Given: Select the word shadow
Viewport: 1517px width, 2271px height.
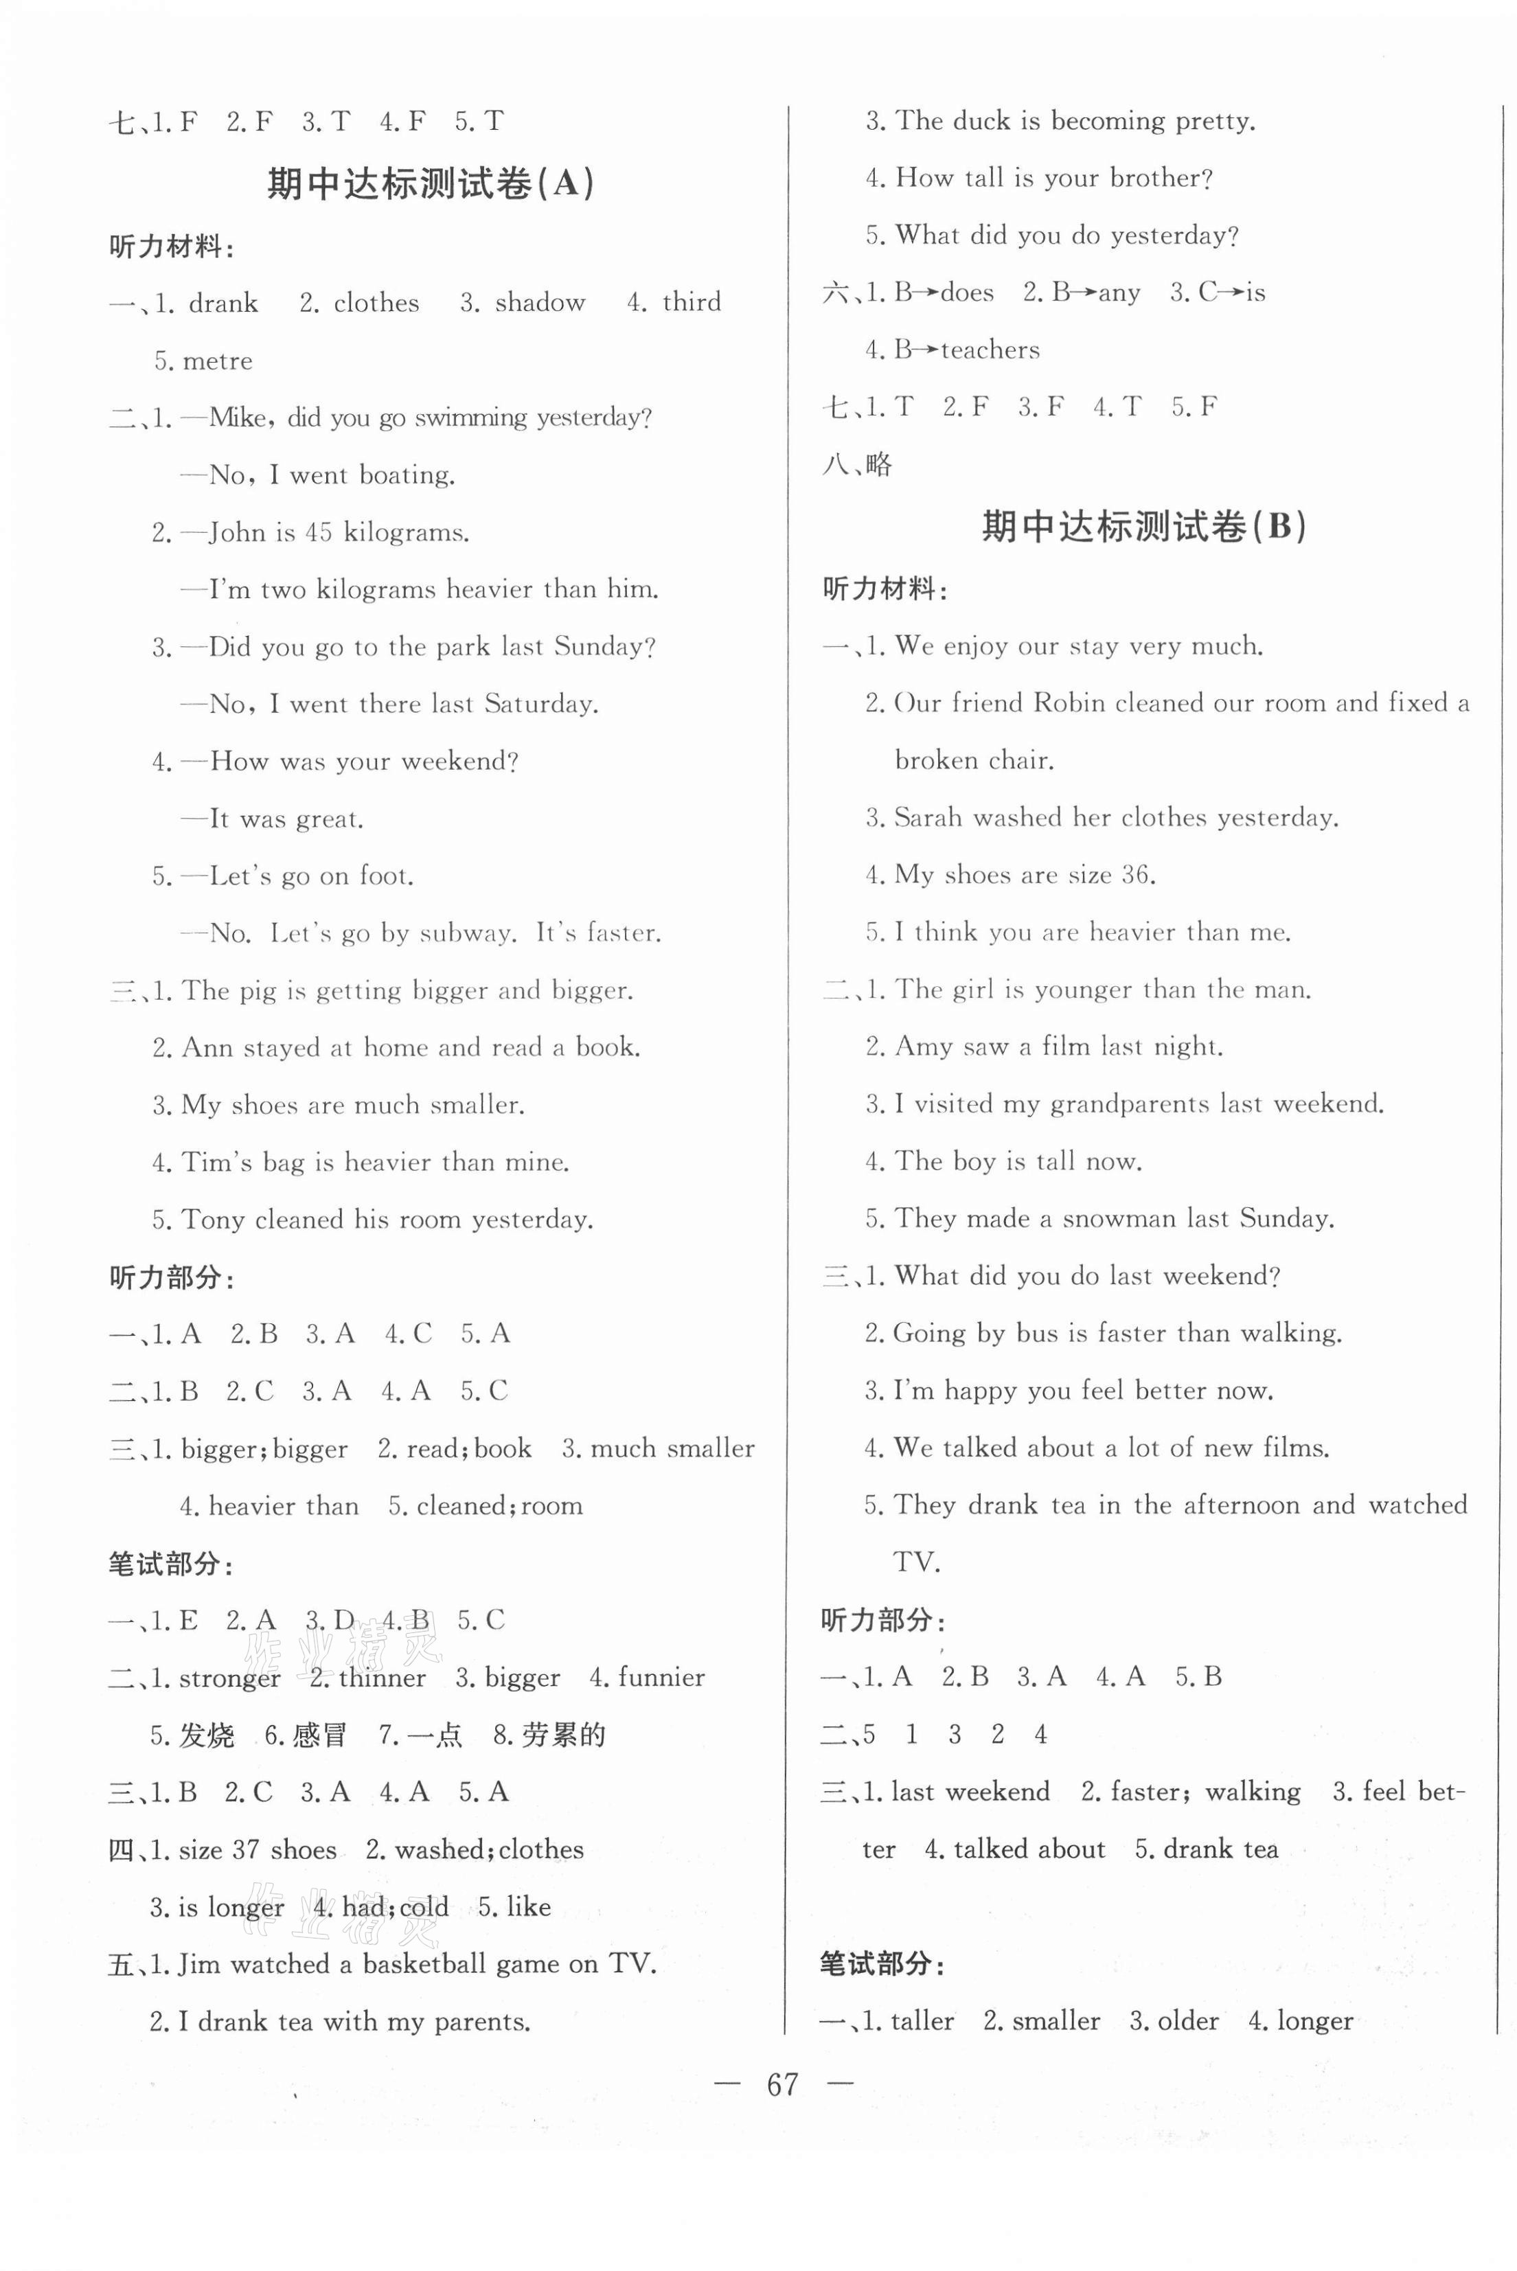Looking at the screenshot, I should coord(540,303).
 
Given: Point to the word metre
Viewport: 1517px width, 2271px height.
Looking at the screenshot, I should coord(218,361).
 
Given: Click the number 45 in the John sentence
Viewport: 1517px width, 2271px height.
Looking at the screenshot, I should coord(318,532).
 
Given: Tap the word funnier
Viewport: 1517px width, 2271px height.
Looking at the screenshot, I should coord(661,1677).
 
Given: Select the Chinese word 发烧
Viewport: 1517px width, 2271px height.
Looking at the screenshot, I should coord(206,1735).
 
